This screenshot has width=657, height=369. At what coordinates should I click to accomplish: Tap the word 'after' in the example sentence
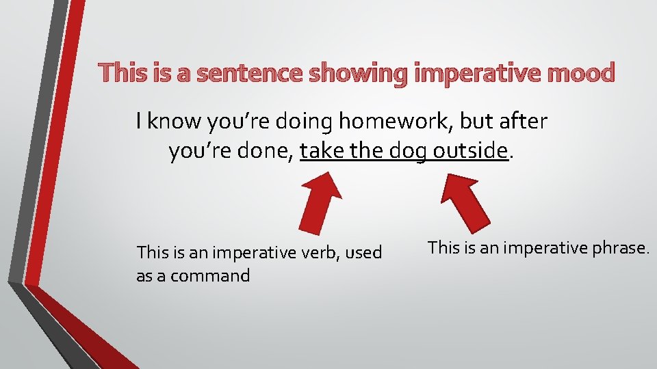[x=524, y=122]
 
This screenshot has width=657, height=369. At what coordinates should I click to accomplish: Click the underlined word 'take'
[x=322, y=151]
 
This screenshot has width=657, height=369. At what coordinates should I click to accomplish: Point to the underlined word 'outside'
[x=470, y=151]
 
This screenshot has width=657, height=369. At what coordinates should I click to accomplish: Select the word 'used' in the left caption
[x=363, y=253]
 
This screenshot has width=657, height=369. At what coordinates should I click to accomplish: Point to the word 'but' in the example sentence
[x=479, y=122]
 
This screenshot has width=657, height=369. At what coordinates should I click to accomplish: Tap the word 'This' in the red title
[x=124, y=72]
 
